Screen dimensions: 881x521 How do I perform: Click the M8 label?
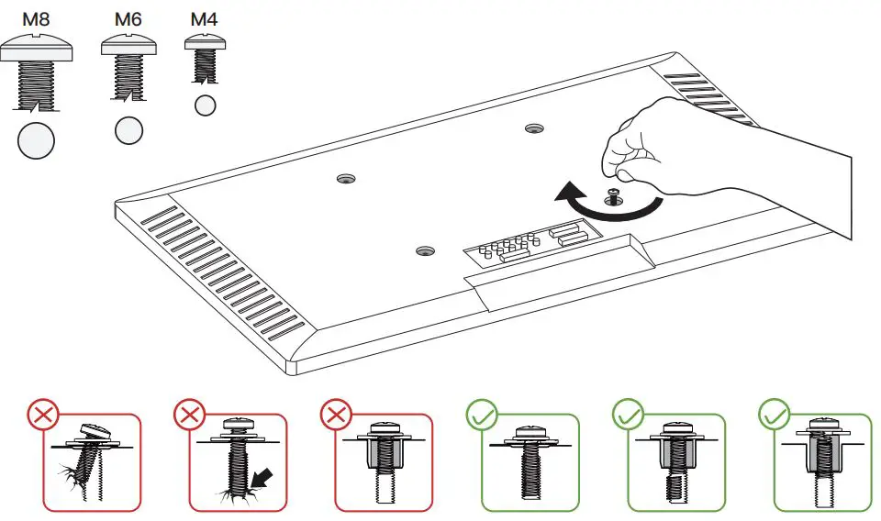coord(36,19)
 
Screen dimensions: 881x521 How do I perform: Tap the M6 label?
coord(128,19)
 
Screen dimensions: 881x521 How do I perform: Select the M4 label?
coord(204,19)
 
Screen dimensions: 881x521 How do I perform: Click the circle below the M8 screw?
coord(37,140)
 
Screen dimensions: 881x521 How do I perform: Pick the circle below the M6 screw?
coord(128,131)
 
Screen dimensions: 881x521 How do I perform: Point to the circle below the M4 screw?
coord(205,105)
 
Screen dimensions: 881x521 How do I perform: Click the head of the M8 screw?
coord(37,47)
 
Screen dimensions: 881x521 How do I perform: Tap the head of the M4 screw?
coord(205,42)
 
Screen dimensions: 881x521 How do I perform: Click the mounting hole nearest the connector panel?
coord(425,250)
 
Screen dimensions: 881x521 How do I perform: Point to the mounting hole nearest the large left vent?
coord(346,180)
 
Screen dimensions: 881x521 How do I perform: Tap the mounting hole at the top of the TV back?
coord(534,128)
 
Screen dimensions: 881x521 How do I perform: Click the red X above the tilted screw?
coord(43,416)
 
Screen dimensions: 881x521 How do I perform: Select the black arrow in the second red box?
coord(262,478)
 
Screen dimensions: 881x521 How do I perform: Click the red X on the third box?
coord(336,416)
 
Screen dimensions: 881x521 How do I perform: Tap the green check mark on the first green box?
coord(482,416)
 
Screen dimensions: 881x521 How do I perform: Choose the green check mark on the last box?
coord(775,416)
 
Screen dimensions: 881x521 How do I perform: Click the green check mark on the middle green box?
coord(628,416)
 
